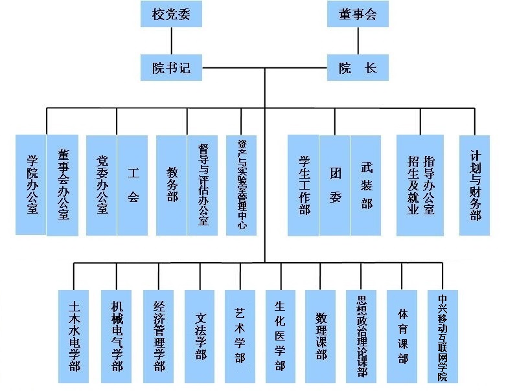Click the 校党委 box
[172, 13]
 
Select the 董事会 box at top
[358, 13]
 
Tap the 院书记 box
[172, 67]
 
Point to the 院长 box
[358, 67]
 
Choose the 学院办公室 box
[31, 184]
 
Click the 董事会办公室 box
[63, 184]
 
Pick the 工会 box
[133, 184]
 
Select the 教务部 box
[172, 184]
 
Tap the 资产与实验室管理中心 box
[241, 184]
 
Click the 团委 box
[335, 184]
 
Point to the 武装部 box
[367, 184]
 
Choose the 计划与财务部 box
[476, 184]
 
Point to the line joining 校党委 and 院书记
[172, 40]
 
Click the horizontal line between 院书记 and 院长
[264, 67]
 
